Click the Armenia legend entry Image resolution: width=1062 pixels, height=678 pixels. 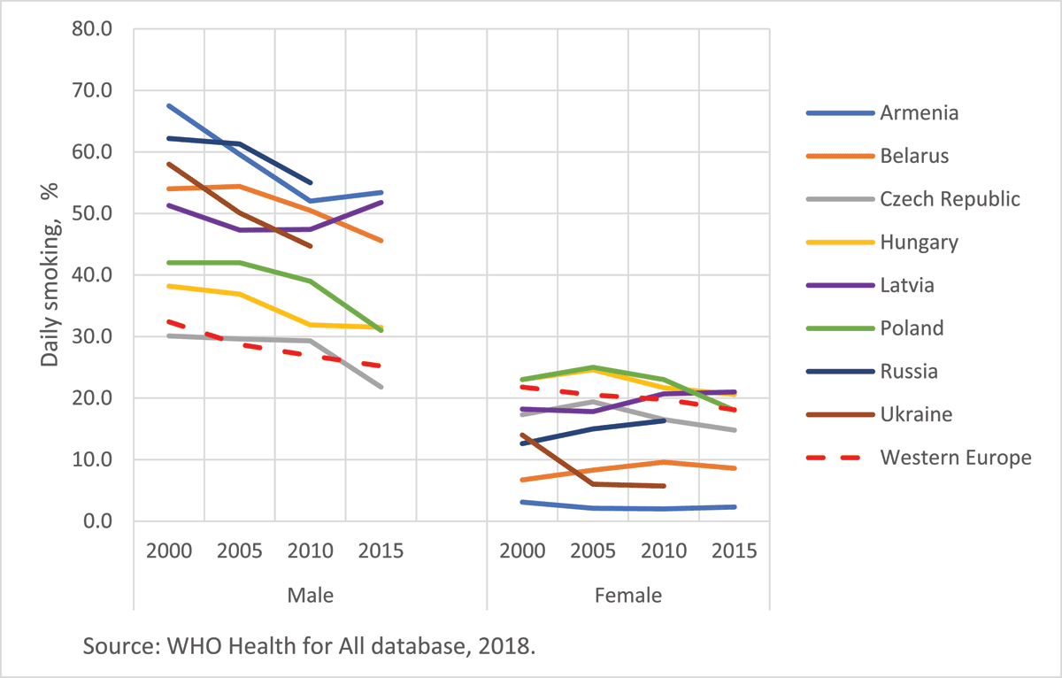click(x=920, y=112)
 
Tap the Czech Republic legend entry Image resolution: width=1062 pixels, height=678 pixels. click(x=950, y=198)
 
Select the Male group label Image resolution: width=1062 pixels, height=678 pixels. click(x=311, y=595)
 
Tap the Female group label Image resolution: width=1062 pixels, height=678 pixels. click(x=628, y=595)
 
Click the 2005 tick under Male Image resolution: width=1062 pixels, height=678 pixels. click(x=239, y=551)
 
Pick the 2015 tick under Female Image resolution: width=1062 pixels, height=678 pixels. click(x=735, y=551)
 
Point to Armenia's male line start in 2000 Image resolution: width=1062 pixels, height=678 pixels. click(x=168, y=105)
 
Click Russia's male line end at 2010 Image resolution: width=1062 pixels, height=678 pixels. click(x=311, y=182)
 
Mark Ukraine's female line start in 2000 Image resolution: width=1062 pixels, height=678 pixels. click(x=522, y=435)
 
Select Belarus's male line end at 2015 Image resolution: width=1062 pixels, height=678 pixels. click(x=381, y=241)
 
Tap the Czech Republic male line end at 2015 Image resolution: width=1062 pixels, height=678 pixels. click(x=381, y=387)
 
